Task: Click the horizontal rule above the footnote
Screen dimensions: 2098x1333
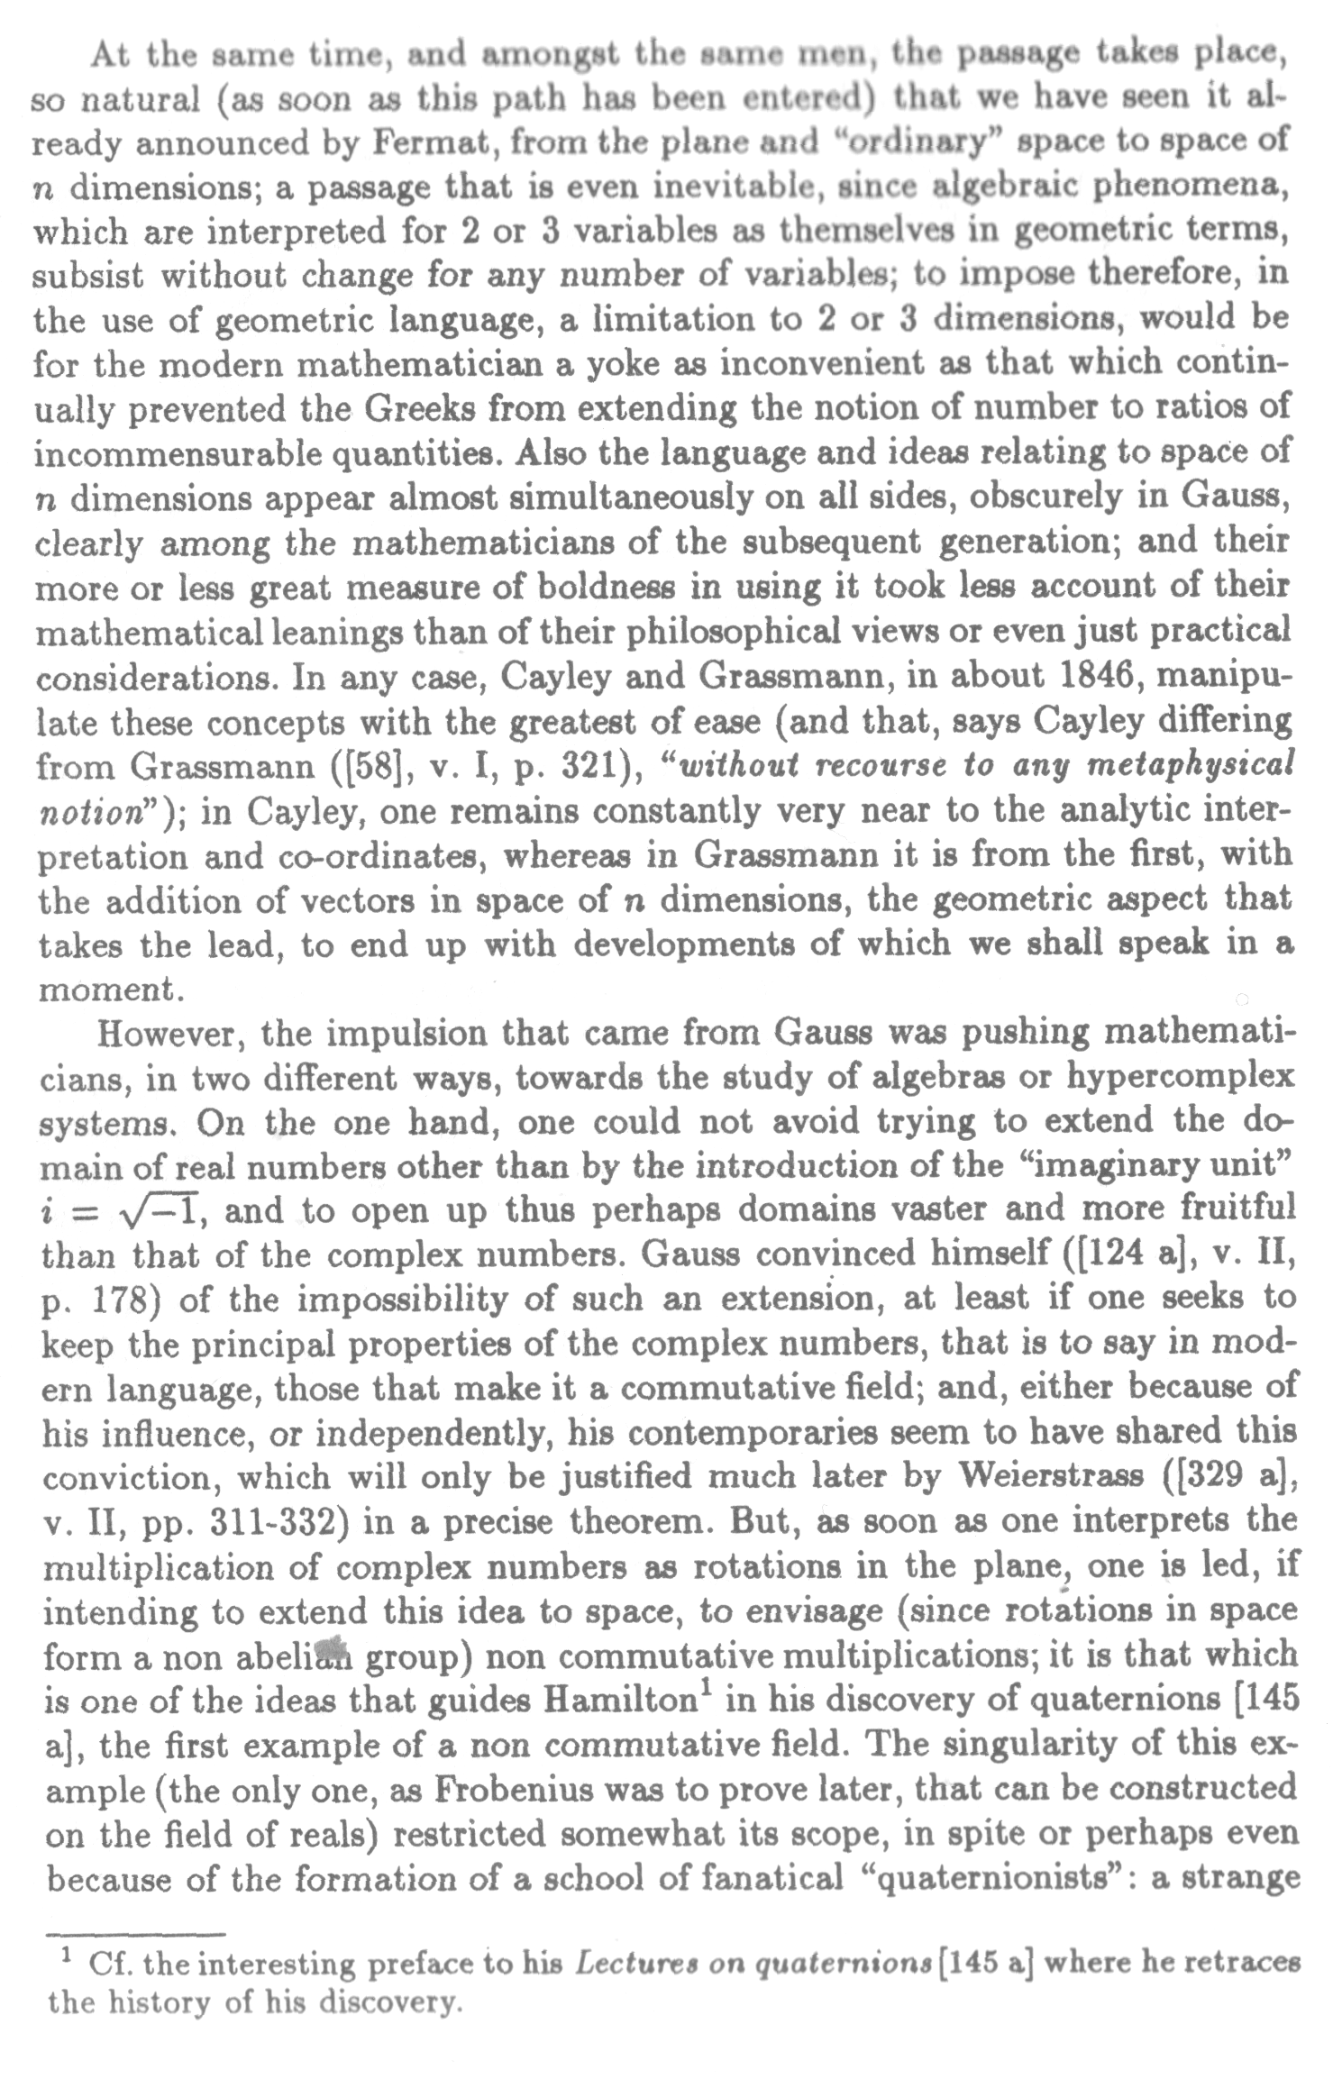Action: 134,1934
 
